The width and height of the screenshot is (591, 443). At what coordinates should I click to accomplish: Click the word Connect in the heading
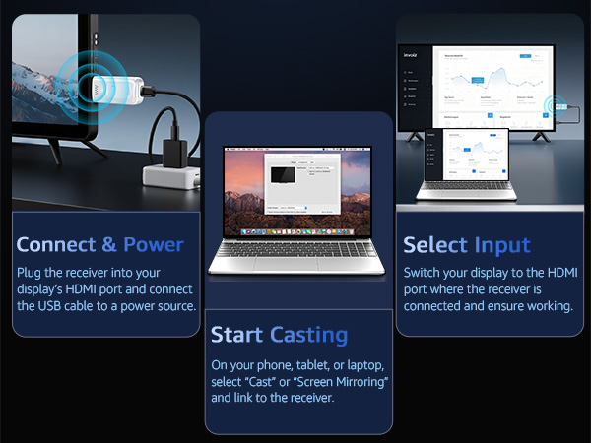point(56,244)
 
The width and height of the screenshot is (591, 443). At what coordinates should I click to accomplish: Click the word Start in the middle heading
point(237,335)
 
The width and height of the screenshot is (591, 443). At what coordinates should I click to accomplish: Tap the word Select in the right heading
point(434,244)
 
